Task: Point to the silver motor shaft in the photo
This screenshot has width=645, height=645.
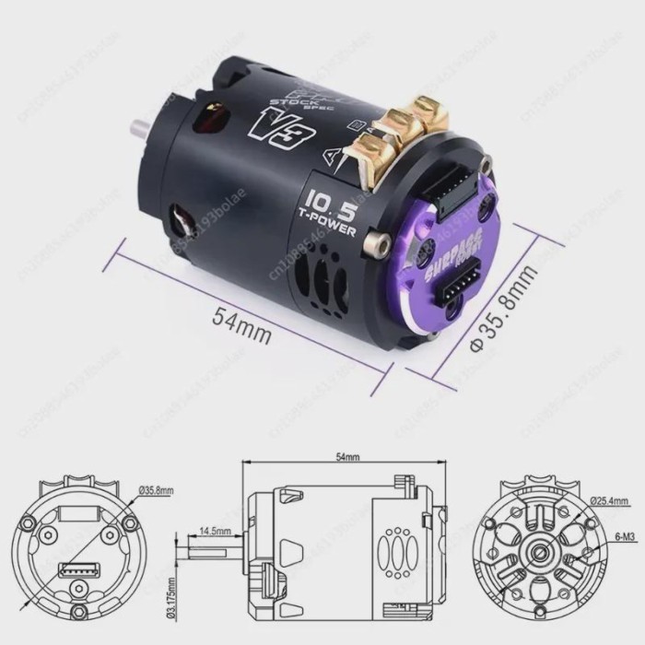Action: [142, 126]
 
